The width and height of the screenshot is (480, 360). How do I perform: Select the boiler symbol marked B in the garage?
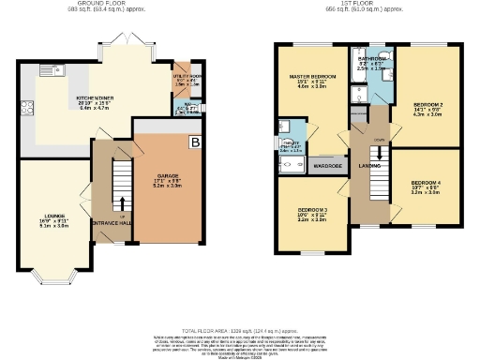195,142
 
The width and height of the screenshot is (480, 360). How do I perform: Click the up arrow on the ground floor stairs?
121,202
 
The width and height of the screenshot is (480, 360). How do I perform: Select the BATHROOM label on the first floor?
371,58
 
